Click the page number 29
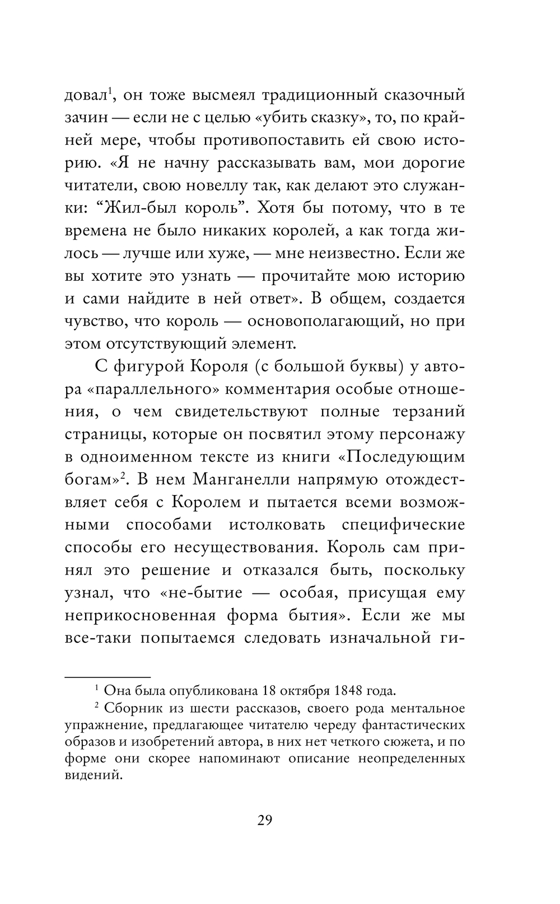[265, 820]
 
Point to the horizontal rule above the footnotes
[108, 676]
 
